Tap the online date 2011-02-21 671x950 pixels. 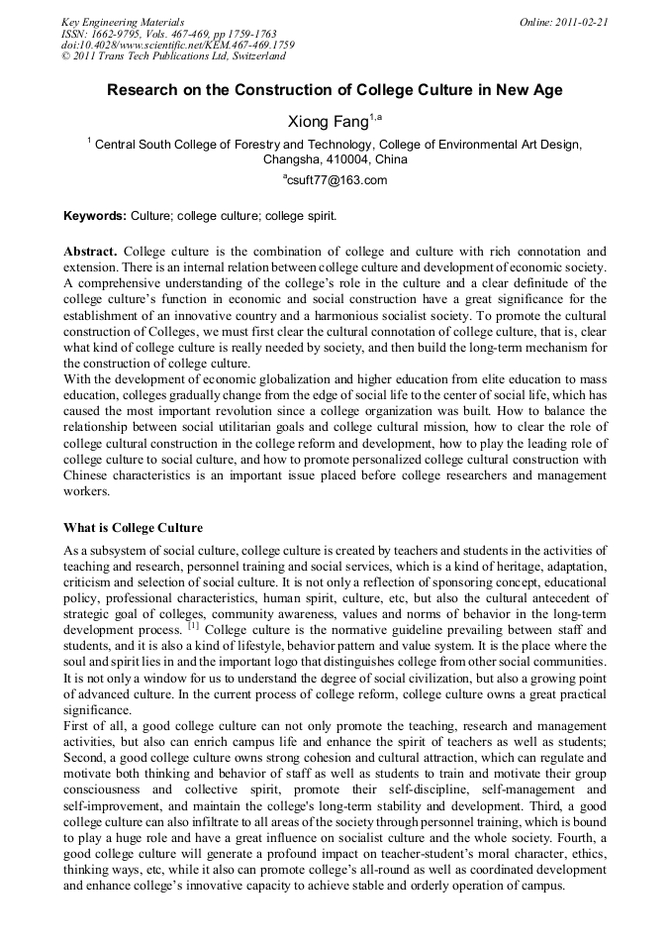[577, 22]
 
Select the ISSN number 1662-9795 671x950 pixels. [121, 34]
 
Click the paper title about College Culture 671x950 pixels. [335, 90]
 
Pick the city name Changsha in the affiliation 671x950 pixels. [290, 158]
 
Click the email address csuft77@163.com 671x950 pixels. [336, 180]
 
